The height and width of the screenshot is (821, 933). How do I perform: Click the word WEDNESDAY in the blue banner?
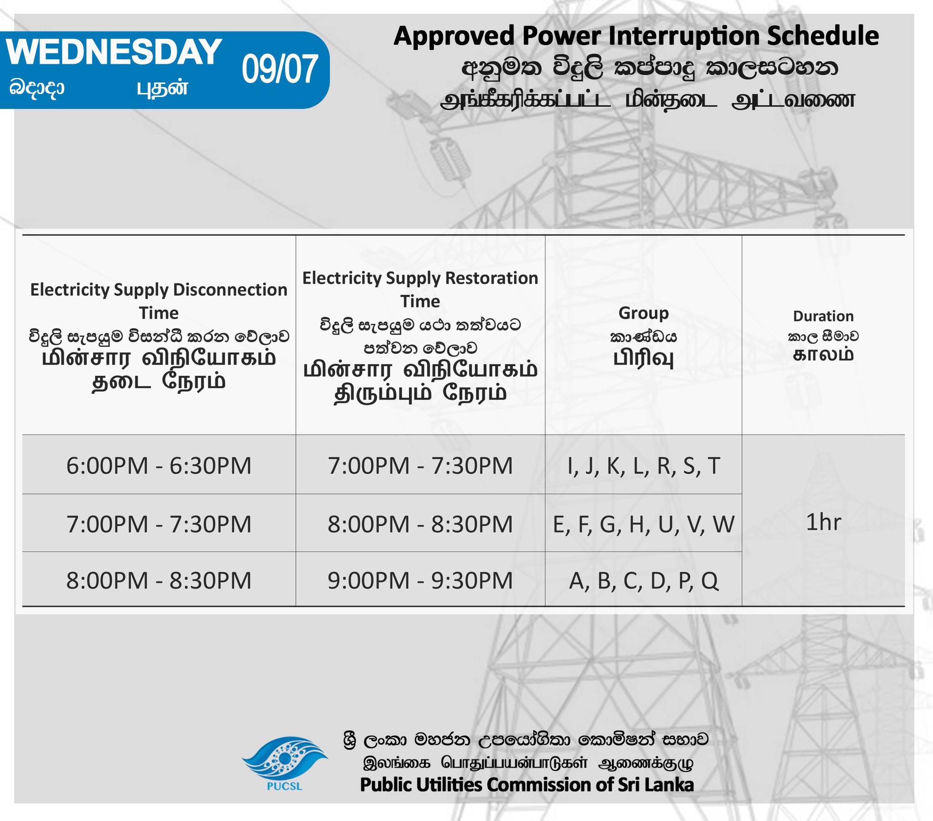coord(114,51)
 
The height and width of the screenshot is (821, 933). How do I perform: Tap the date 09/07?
coord(279,69)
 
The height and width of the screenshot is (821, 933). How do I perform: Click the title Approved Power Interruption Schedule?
coord(636,36)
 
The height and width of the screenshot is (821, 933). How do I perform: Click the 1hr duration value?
coord(824,522)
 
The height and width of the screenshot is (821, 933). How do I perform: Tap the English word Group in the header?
coord(644,313)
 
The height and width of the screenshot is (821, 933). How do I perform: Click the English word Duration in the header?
coord(824,316)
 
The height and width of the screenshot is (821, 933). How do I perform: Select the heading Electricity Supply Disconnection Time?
coord(159,301)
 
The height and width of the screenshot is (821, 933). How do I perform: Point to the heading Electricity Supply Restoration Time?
coord(420,289)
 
